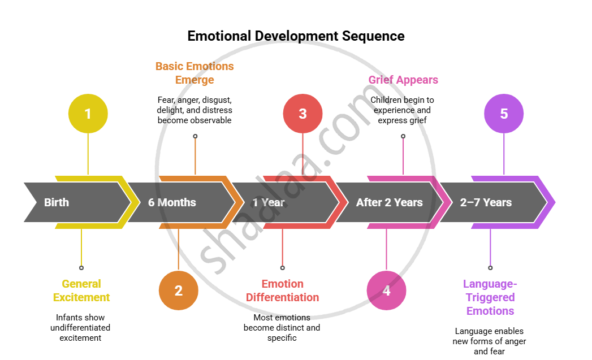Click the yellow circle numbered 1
(88, 114)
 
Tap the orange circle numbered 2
(179, 290)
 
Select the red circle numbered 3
(303, 114)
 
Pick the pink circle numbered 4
(387, 290)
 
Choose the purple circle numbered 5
(504, 114)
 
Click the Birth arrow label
(57, 202)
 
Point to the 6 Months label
(172, 202)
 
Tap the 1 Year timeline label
(269, 202)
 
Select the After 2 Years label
(389, 202)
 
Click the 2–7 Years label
(486, 202)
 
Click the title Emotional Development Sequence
(296, 36)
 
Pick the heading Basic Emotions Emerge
(195, 73)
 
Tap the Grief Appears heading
(403, 80)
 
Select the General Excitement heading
(81, 290)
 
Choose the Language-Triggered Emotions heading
(490, 297)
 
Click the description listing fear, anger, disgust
(195, 110)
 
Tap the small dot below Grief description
(403, 136)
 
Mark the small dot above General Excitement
(81, 268)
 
